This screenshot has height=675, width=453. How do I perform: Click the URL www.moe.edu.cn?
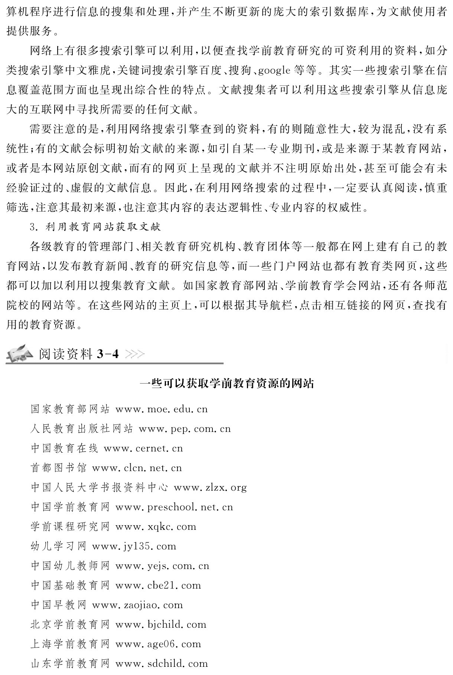coord(162,410)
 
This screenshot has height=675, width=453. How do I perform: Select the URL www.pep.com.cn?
coord(185,429)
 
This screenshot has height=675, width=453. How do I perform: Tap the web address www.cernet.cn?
coord(143,449)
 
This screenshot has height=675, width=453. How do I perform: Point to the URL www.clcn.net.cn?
coord(137,468)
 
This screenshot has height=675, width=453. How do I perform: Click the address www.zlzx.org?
coord(210,488)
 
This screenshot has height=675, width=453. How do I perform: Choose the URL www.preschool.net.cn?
coord(174,507)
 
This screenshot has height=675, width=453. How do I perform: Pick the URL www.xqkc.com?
coord(156,527)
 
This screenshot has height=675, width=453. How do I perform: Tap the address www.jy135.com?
coord(134,546)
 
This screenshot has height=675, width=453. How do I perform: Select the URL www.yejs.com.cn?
coord(162,566)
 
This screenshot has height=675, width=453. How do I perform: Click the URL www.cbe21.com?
coord(158,585)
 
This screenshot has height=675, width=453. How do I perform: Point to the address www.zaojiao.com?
coord(137,605)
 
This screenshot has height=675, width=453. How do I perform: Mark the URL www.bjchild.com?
coord(161,625)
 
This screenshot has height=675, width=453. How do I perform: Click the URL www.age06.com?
coord(158,644)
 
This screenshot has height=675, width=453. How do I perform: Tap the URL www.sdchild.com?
coord(162,664)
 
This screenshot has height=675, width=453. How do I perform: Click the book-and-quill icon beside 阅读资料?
coord(20,353)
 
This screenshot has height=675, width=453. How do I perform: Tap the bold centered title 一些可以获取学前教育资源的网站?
coord(226,384)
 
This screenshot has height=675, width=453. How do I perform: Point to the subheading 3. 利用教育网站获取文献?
coord(95,226)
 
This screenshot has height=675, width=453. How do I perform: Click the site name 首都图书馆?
coord(58,468)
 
